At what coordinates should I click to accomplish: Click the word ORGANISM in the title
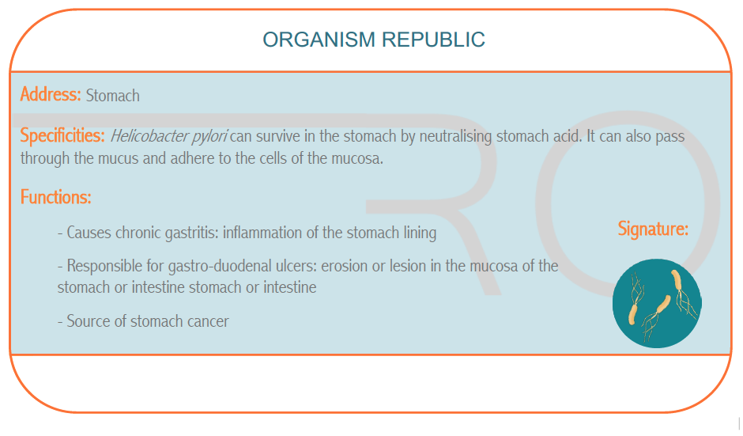tap(319, 40)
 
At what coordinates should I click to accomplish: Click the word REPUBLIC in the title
tap(434, 40)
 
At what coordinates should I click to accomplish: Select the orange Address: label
tap(51, 94)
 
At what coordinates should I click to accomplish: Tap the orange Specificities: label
tap(62, 136)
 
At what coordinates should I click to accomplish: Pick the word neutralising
tap(456, 137)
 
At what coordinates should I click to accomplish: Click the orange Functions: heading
tap(56, 197)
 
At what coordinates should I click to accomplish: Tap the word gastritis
tap(191, 233)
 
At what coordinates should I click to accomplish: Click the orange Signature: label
tap(653, 229)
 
